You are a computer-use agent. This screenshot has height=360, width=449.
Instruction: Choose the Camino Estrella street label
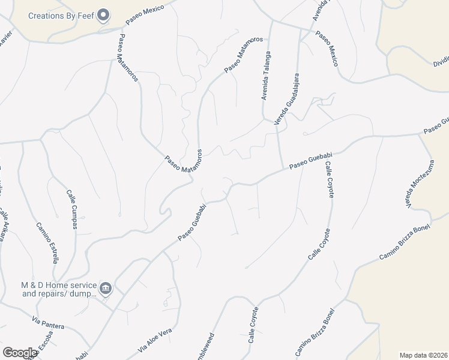[x=47, y=242]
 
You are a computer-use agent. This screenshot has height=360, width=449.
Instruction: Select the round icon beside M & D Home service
[x=106, y=289]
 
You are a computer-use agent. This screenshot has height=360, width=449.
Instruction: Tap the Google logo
[x=19, y=352]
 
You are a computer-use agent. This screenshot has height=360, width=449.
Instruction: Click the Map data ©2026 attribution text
[x=423, y=355]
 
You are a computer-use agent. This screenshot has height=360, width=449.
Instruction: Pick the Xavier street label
[x=5, y=37]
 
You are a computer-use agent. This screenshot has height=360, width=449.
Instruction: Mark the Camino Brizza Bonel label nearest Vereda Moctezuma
[x=405, y=247]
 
